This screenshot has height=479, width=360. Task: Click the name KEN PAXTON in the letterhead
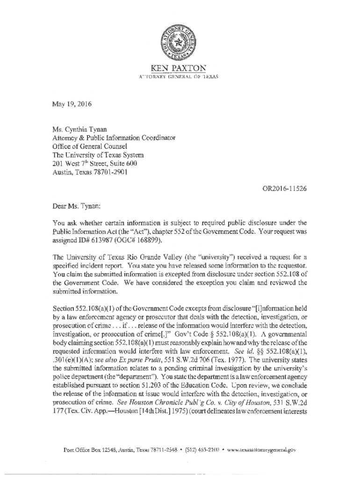(180, 68)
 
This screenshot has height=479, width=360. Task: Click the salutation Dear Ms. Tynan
(76, 205)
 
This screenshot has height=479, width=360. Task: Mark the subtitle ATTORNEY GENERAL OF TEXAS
(180, 76)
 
